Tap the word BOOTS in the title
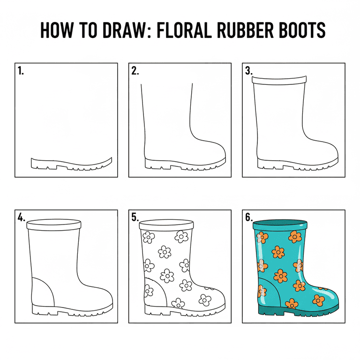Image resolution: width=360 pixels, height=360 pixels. [x=299, y=30]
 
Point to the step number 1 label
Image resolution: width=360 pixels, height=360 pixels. [x=21, y=71]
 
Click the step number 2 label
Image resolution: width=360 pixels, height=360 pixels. [x=135, y=71]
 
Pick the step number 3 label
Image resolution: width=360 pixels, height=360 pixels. [x=248, y=71]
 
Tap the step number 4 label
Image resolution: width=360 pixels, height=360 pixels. [x=21, y=218]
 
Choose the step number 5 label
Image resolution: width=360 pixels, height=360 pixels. [x=135, y=218]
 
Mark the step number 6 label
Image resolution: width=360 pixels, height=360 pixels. [x=248, y=218]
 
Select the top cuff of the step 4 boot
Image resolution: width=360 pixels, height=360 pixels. [x=54, y=225]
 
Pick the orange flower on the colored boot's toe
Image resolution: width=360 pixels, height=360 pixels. [x=318, y=299]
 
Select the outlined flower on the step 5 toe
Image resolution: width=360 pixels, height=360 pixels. [x=205, y=299]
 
